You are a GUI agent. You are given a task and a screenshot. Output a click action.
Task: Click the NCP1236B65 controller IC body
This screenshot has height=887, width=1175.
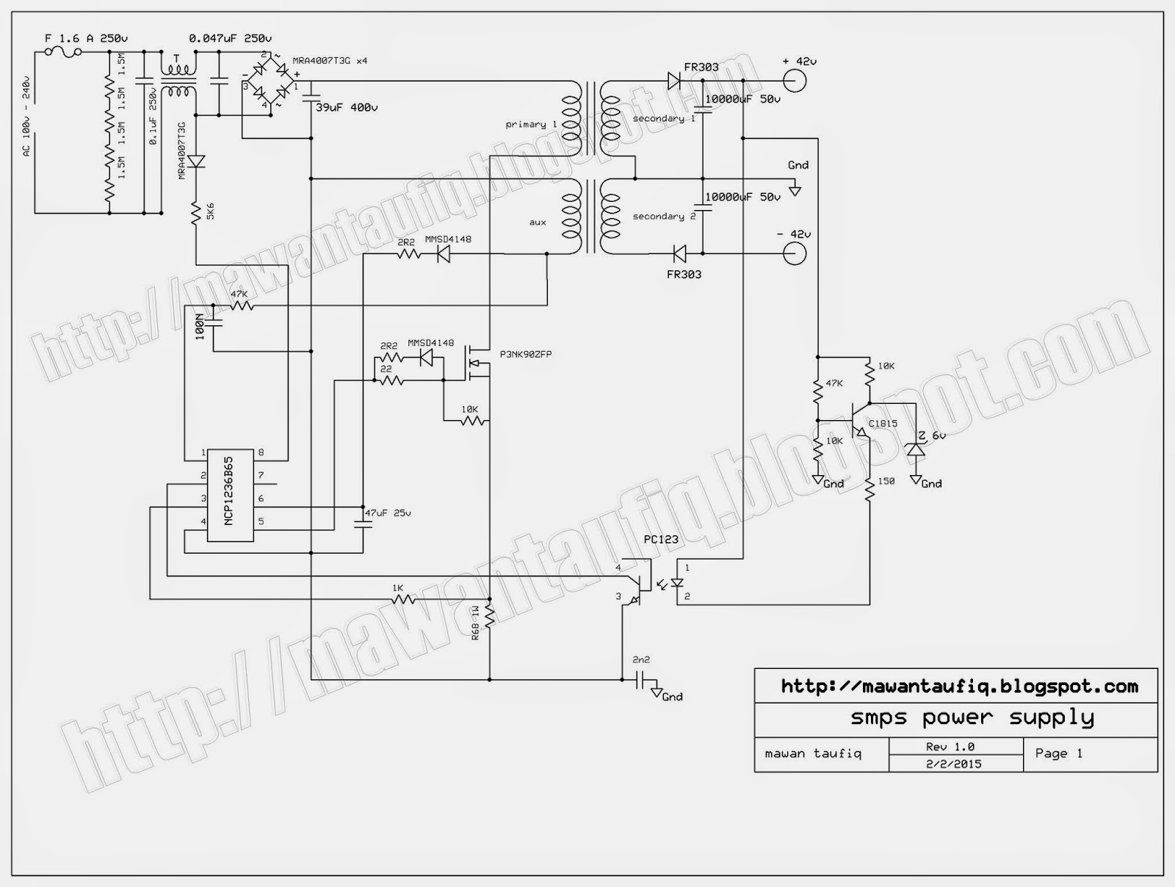[x=229, y=496]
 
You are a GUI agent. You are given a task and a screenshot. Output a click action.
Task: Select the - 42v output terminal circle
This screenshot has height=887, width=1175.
[x=795, y=254]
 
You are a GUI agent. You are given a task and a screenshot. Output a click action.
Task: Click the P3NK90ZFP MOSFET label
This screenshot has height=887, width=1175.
[x=527, y=354]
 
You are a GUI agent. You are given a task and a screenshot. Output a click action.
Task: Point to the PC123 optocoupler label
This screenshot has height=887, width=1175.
[x=661, y=540]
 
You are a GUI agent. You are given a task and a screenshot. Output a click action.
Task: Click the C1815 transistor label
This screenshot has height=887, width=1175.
[x=883, y=424]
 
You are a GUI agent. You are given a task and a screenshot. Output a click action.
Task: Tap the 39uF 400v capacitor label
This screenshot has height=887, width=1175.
[x=347, y=107]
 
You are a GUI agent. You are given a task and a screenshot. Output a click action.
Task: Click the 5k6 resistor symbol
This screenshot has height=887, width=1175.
[x=196, y=214]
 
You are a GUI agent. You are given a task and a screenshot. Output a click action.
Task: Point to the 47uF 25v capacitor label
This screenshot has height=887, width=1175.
[x=388, y=513]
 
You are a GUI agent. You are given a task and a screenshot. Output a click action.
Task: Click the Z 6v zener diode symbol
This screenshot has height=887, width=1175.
[x=915, y=449]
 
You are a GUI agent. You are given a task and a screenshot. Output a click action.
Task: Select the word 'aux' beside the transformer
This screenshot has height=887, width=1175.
[x=538, y=222]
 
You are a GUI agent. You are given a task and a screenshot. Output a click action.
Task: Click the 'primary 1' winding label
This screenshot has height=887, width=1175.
[x=531, y=125]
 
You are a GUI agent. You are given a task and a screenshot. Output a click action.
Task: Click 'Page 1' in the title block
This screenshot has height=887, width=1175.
[x=1058, y=753]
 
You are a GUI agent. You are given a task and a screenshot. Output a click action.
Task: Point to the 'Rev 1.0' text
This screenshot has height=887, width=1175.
[x=950, y=747]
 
